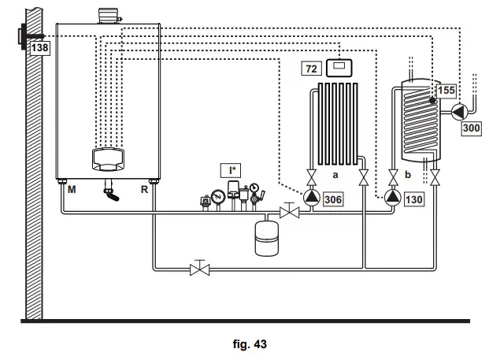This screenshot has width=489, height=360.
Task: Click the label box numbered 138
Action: pos(39,48)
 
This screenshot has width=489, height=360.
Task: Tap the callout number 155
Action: pos(446,91)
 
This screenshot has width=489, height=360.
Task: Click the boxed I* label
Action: pos(232,169)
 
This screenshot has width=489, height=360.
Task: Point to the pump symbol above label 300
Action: pos(457,111)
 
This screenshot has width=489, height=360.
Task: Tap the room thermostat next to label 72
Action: pos(340,68)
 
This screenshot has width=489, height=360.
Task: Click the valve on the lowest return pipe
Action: pos(200,269)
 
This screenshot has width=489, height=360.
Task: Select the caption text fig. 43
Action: pos(250,343)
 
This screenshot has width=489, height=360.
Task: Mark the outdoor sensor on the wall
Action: pos(21,36)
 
